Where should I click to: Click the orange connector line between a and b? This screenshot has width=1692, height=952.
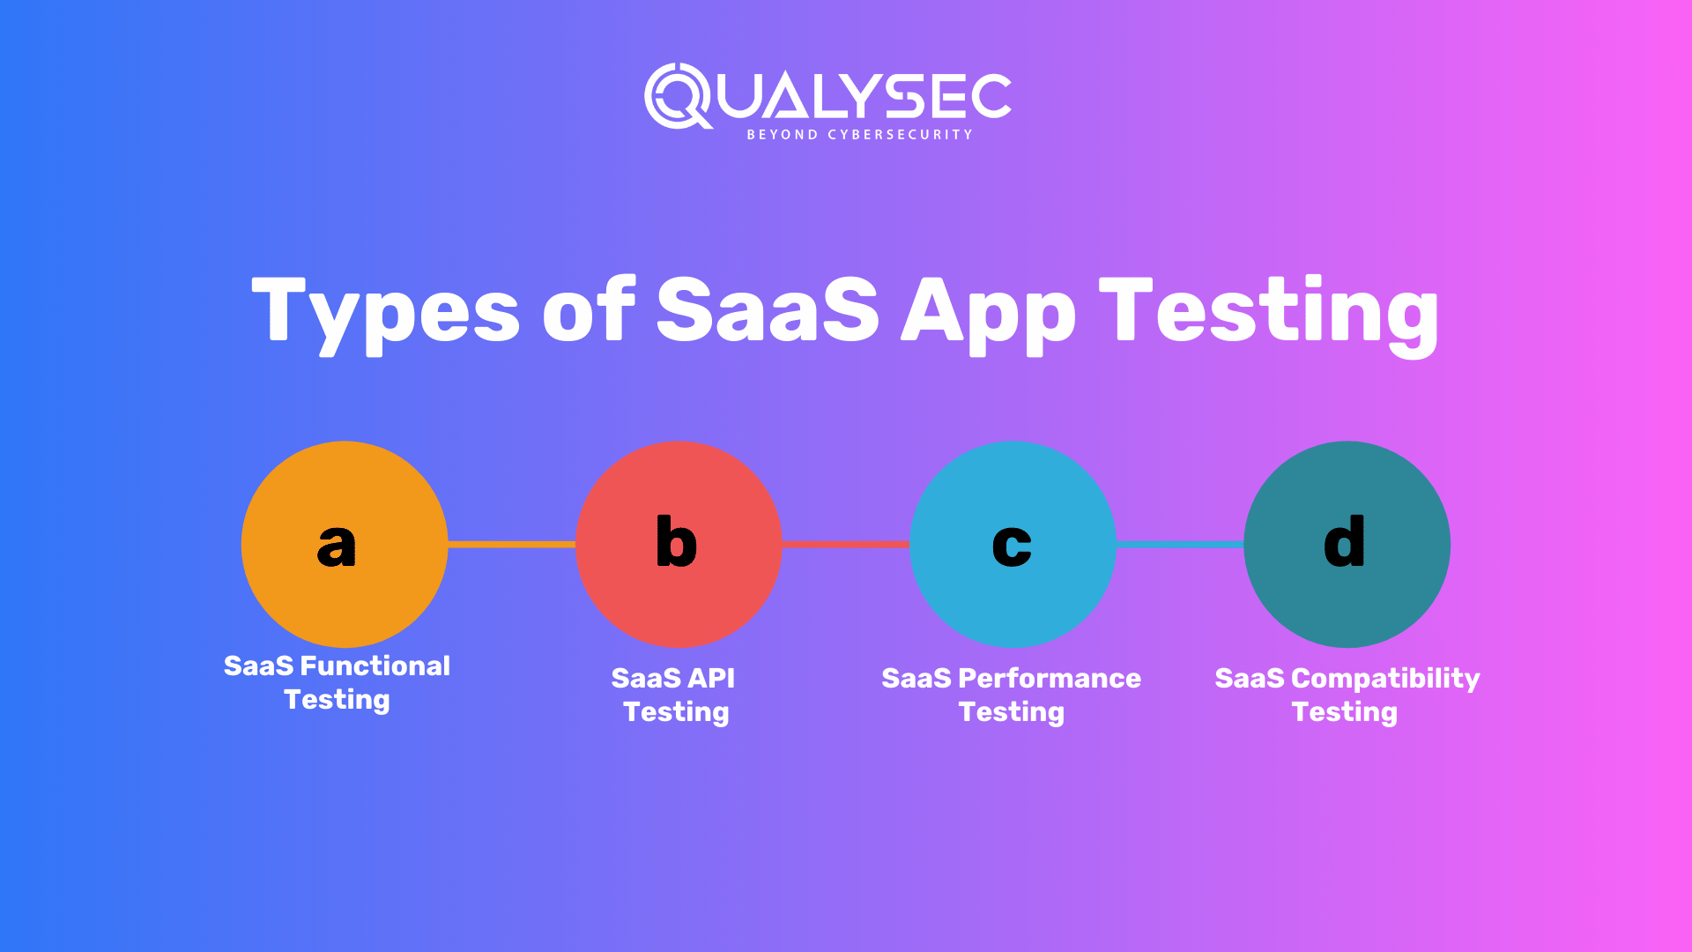[x=511, y=545]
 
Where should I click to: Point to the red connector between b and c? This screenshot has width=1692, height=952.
[x=845, y=545]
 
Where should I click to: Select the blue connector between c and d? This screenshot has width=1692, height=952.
[x=1179, y=545]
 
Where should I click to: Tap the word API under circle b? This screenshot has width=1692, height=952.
[x=710, y=679]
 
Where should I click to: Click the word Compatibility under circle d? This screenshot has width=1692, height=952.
[x=1385, y=679]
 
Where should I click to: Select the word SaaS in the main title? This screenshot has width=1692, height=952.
[x=768, y=310]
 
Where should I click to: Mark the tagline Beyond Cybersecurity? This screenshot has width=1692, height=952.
[x=859, y=135]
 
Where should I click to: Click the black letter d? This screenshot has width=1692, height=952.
[x=1345, y=541]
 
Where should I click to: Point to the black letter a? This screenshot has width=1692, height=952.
[x=337, y=546]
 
